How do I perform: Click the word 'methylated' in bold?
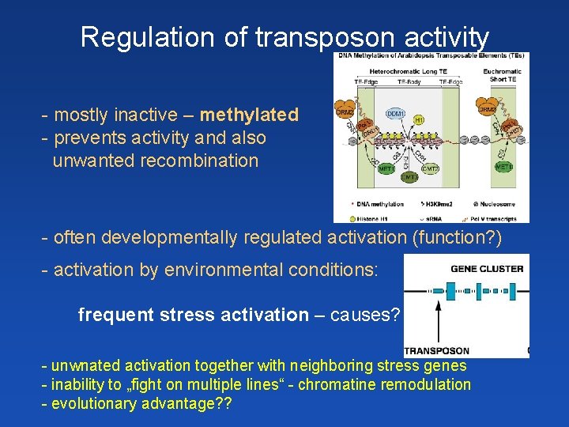click(249, 115)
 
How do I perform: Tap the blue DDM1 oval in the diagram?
click(396, 114)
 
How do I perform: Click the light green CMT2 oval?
click(431, 168)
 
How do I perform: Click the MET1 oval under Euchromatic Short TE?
click(503, 167)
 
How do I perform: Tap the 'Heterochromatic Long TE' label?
click(407, 71)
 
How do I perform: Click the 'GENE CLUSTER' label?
click(487, 268)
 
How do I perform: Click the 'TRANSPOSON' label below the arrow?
click(436, 350)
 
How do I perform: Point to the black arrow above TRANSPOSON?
click(436, 320)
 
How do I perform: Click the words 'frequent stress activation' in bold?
click(194, 316)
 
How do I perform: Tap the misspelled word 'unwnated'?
click(84, 366)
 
